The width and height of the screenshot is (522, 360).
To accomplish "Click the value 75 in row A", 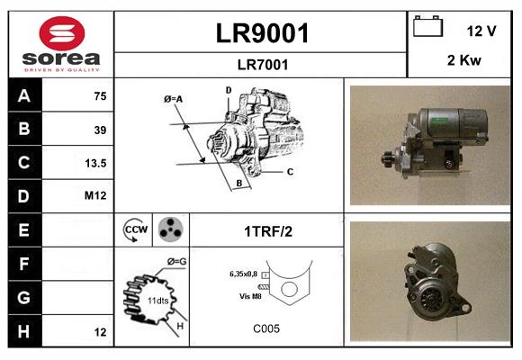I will click(100, 96).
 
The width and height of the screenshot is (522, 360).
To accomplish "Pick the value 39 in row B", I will click(100, 130).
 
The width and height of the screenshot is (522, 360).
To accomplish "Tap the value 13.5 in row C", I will click(95, 163).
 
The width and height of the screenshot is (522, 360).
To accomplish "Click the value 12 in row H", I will click(100, 331).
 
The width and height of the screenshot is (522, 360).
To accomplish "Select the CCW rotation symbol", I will click(136, 230).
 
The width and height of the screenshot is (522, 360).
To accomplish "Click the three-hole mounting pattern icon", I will click(170, 229).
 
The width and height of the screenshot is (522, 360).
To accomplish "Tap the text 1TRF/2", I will click(267, 231).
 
